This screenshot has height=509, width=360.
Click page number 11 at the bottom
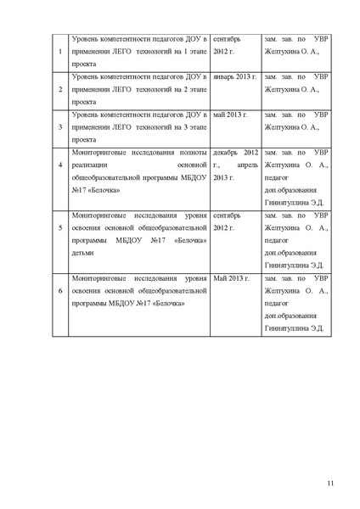click(x=330, y=486)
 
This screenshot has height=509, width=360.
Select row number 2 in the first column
click(x=59, y=88)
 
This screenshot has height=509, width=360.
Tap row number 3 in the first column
click(x=59, y=126)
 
